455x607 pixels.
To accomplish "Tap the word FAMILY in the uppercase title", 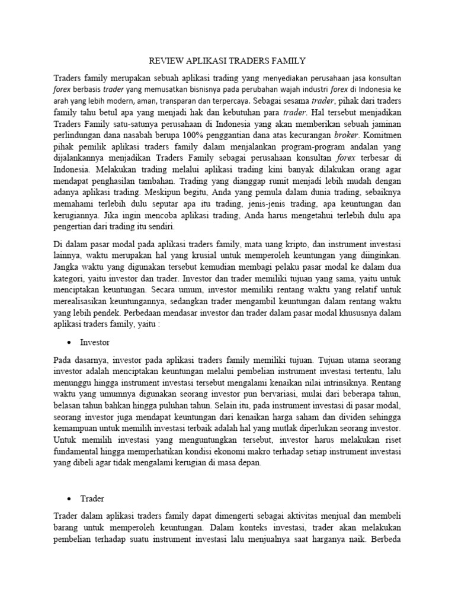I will [288, 60].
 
